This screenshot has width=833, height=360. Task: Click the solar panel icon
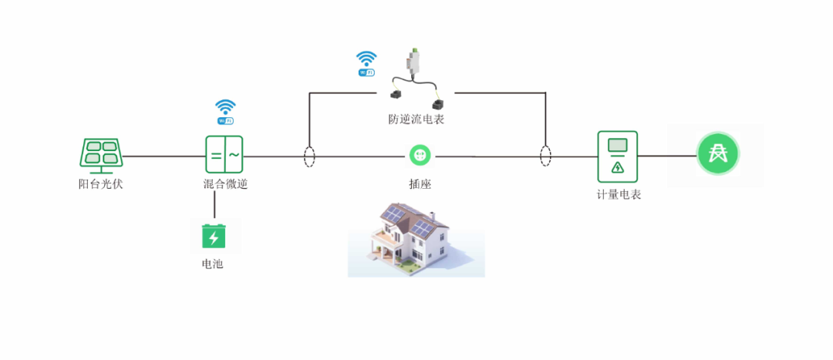coord(100,153)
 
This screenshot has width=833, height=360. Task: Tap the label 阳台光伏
coord(100,184)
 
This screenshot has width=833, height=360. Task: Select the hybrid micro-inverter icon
coord(224,154)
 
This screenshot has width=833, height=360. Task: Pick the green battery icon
coord(214,236)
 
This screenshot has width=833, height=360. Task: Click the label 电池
coord(212,264)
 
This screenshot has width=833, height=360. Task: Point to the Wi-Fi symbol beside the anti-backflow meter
coord(366,63)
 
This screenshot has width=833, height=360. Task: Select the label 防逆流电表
coord(416,119)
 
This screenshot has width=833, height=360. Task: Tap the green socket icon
coord(420,156)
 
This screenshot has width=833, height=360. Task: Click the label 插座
coord(420,185)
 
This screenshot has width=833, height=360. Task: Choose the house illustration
coord(415,240)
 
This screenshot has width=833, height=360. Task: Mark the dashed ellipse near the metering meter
coord(545,156)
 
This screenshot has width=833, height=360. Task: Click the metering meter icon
coord(617,156)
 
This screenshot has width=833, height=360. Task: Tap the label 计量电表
coord(619,195)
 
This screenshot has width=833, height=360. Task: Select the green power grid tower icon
coord(718,153)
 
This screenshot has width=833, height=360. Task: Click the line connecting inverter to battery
coord(214,204)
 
